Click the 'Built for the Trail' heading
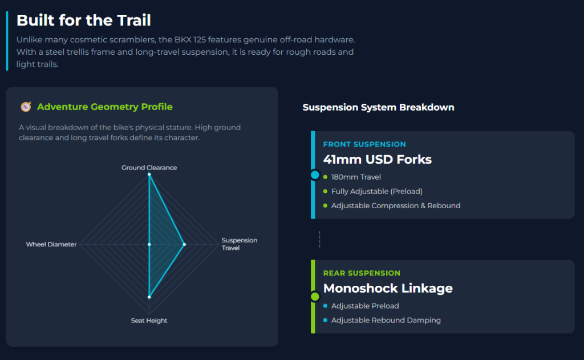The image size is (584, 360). (x=83, y=21)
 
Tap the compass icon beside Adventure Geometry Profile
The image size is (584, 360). (x=26, y=107)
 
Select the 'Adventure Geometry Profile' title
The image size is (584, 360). (x=104, y=107)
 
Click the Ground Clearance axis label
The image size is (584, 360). (x=149, y=168)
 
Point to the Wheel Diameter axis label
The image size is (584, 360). (x=51, y=244)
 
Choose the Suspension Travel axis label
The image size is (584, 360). (x=239, y=244)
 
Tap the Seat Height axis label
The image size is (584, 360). (x=149, y=321)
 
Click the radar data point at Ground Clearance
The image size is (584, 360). (x=149, y=175)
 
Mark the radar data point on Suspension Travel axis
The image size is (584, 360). (x=184, y=244)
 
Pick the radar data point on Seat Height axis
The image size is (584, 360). (x=149, y=297)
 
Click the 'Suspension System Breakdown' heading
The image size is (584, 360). (x=378, y=107)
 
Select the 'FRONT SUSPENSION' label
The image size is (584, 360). (x=364, y=144)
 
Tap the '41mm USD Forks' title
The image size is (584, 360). (x=377, y=159)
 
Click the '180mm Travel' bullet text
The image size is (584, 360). (x=356, y=177)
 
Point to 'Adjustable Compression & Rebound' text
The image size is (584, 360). (x=395, y=205)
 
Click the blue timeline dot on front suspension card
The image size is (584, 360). (x=314, y=175)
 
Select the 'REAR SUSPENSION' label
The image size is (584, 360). (x=362, y=273)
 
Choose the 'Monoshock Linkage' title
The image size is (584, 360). (x=388, y=288)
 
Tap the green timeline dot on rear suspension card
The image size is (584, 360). (x=314, y=297)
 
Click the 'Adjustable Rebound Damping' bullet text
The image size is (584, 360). (x=386, y=320)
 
